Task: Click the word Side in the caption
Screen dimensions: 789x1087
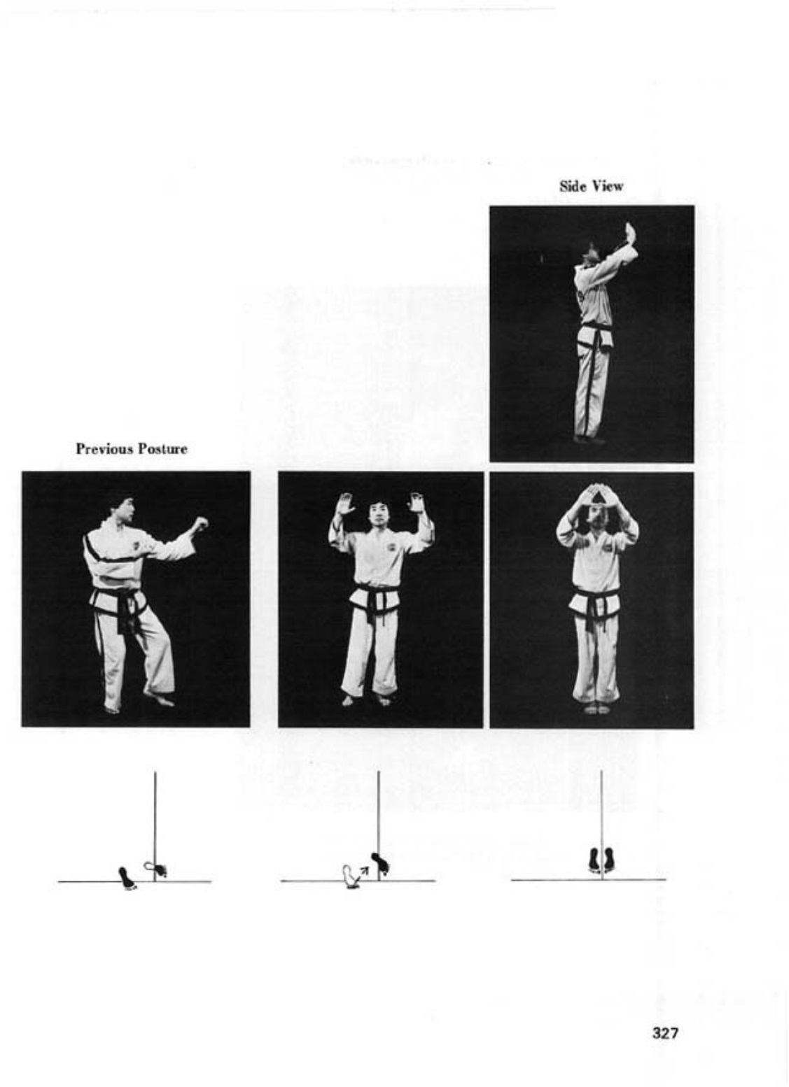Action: pyautogui.click(x=571, y=186)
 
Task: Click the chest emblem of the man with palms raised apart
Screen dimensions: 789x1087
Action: pyautogui.click(x=392, y=548)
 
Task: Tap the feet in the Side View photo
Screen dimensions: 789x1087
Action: pyautogui.click(x=589, y=439)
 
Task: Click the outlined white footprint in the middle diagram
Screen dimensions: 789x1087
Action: pyautogui.click(x=349, y=876)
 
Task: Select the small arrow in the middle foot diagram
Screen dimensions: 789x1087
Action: pyautogui.click(x=363, y=874)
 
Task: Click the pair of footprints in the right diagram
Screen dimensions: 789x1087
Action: pyautogui.click(x=601, y=860)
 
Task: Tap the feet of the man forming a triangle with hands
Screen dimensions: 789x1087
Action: pyautogui.click(x=596, y=709)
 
